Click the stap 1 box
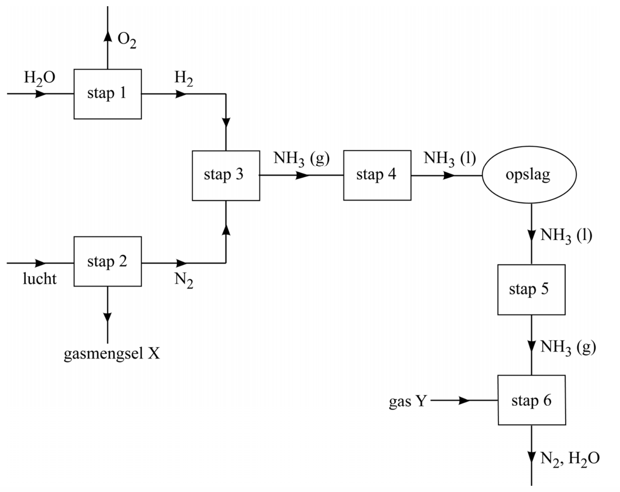(x=107, y=94)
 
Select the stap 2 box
(x=107, y=262)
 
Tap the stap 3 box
(x=226, y=175)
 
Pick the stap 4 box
(x=377, y=175)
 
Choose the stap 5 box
(x=531, y=290)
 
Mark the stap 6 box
(x=531, y=400)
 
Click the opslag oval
(x=529, y=175)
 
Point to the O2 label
(x=127, y=40)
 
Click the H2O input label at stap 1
(x=39, y=78)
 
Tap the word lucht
(x=39, y=279)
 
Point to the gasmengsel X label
(x=112, y=354)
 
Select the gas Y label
(x=407, y=401)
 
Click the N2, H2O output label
(x=569, y=459)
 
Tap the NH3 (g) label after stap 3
(x=301, y=159)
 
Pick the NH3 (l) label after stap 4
(x=450, y=159)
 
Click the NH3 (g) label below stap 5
(x=568, y=347)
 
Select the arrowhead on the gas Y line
(x=464, y=400)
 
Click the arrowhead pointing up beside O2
(x=108, y=35)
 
